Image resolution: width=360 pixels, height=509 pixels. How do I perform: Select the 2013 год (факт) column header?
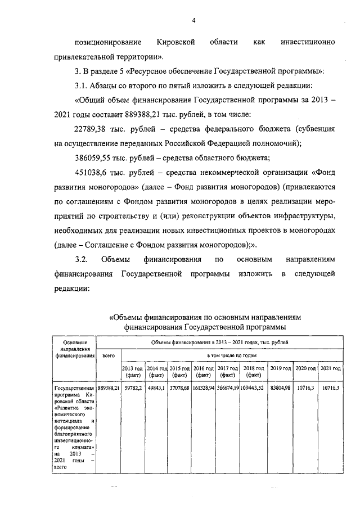click(x=133, y=371)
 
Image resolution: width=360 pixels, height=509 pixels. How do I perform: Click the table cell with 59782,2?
click(x=133, y=388)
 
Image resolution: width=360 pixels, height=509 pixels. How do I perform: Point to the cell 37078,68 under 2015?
click(x=180, y=388)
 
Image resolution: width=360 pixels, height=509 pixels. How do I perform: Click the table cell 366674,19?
click(x=228, y=388)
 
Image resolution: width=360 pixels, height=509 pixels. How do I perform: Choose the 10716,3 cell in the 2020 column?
click(x=306, y=388)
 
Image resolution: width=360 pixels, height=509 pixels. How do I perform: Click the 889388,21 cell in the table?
click(x=109, y=388)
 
